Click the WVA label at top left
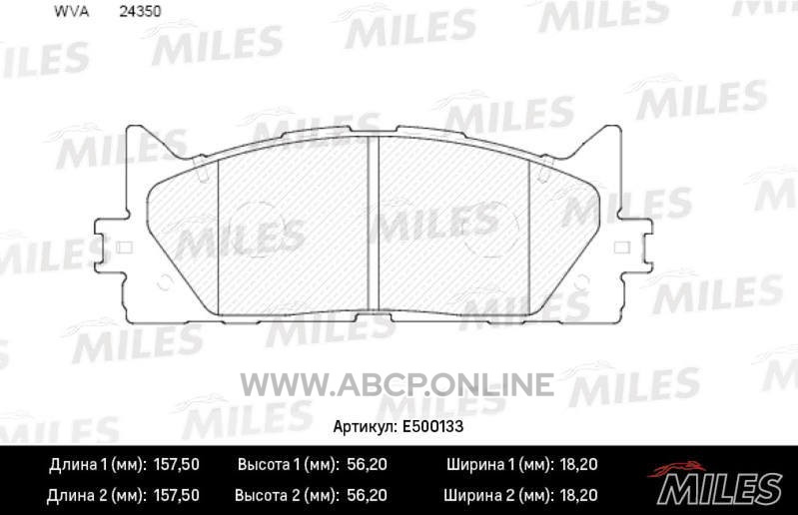click(x=71, y=12)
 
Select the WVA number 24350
click(x=140, y=12)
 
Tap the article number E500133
click(x=432, y=426)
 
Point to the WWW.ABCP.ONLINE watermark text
click(x=397, y=384)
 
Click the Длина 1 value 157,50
click(x=176, y=464)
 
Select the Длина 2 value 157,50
click(x=176, y=495)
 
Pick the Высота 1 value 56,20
click(x=367, y=464)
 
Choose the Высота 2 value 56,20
click(x=367, y=495)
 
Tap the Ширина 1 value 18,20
click(x=577, y=464)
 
